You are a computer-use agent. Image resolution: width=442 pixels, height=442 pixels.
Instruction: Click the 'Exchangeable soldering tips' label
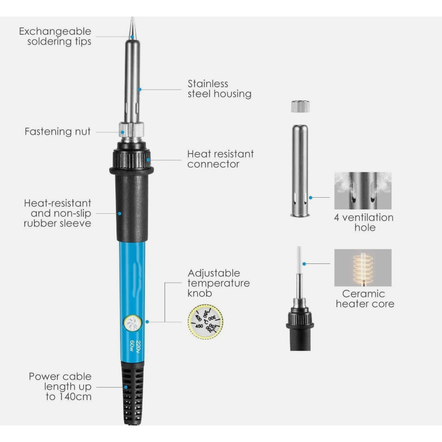tap(55, 36)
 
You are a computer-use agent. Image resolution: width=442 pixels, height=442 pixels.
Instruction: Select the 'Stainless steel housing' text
tap(219, 89)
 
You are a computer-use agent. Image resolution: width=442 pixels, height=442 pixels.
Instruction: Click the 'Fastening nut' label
tap(57, 131)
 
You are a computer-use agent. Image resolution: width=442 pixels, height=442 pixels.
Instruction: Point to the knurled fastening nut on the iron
tap(131, 130)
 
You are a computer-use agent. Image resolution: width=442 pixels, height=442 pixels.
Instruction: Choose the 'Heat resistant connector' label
tap(220, 159)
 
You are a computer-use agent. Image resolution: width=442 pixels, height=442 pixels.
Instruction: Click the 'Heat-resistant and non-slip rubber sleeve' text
tap(57, 213)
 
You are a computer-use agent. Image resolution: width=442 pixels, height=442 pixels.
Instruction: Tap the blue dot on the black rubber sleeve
tap(120, 214)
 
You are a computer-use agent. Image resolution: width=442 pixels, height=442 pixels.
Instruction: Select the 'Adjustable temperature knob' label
tap(218, 283)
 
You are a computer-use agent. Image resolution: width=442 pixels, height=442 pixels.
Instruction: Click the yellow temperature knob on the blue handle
tap(132, 323)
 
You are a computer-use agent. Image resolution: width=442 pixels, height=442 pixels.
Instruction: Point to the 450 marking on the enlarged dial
tap(199, 326)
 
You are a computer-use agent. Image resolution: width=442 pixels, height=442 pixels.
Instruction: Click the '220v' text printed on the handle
tap(138, 347)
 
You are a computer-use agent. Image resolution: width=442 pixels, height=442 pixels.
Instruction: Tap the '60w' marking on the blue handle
tap(131, 346)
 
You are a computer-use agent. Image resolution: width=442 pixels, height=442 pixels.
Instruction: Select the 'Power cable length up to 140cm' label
tap(60, 387)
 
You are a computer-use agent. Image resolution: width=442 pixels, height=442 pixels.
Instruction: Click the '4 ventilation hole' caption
tap(364, 223)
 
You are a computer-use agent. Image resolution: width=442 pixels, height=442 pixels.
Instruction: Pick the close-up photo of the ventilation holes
tap(363, 191)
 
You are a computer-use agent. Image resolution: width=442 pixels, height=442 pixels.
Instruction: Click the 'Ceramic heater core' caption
tap(365, 299)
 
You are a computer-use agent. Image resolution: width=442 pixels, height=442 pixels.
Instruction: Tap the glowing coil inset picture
tap(363, 268)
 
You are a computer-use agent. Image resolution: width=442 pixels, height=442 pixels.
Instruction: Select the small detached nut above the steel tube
tap(300, 107)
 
